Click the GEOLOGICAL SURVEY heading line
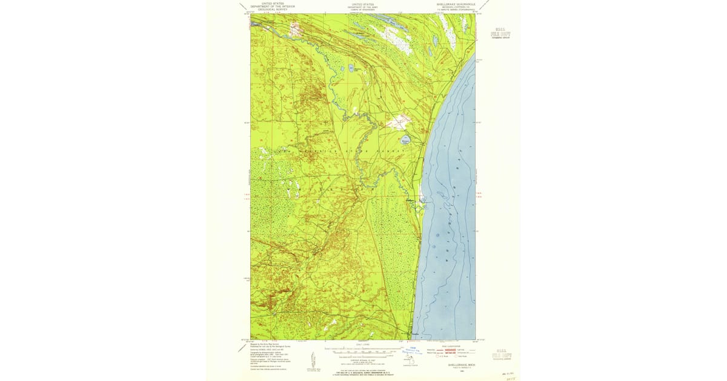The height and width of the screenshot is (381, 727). (x=273, y=10)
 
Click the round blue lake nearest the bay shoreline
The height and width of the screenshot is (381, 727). (x=405, y=140)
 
